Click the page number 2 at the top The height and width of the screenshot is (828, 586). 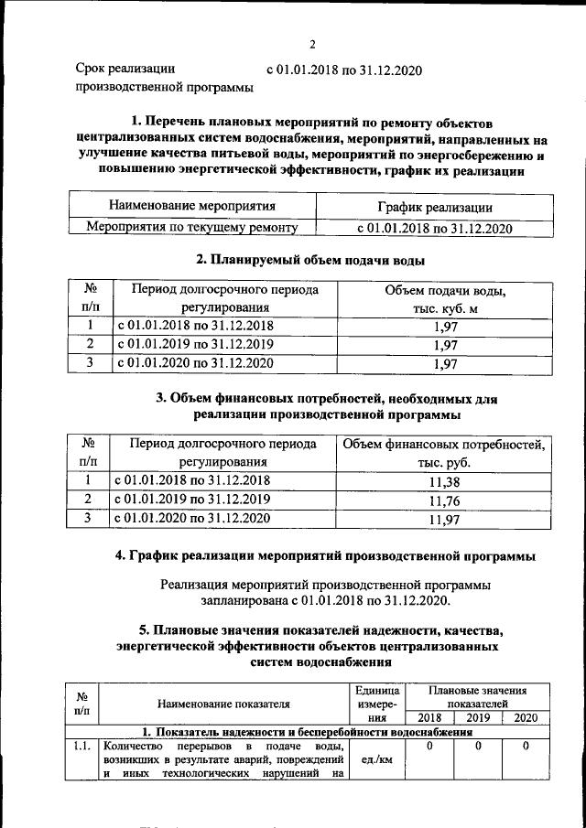point(312,44)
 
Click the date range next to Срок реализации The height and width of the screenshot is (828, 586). point(343,70)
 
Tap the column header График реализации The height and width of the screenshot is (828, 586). point(434,208)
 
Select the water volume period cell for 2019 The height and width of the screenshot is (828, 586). point(194,344)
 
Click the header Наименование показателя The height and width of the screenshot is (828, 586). point(223,704)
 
